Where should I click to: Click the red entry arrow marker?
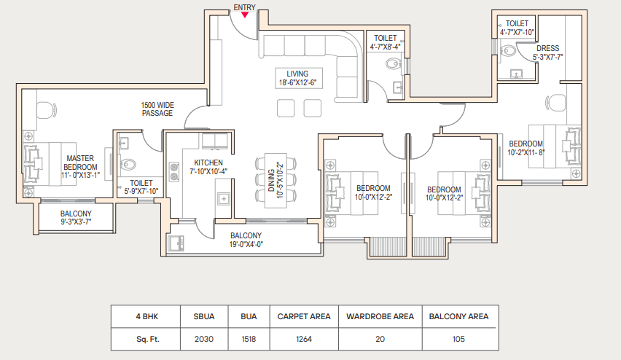[x=245, y=15]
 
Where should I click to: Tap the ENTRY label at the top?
[x=244, y=7]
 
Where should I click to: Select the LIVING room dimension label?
[x=297, y=79]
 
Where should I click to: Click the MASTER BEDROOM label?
[x=80, y=167]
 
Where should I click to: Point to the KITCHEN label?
[x=208, y=167]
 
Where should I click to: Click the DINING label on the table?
[x=276, y=180]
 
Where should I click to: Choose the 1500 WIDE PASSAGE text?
[x=157, y=109]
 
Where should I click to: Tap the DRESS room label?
[x=547, y=52]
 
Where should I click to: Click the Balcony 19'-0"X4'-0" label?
[x=246, y=240]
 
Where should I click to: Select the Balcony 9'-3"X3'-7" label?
[x=76, y=218]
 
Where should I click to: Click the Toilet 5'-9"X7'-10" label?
[x=141, y=187]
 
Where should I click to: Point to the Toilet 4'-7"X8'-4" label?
[x=386, y=42]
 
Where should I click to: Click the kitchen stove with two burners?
[x=174, y=171]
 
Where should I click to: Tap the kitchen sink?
[x=224, y=199]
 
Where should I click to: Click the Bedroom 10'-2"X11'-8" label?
[x=526, y=148]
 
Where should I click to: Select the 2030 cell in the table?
[x=204, y=339]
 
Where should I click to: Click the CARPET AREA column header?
[x=304, y=316]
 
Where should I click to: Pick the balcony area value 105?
[x=458, y=339]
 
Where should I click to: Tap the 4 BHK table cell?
[x=147, y=316]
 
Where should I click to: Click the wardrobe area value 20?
[x=380, y=339]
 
